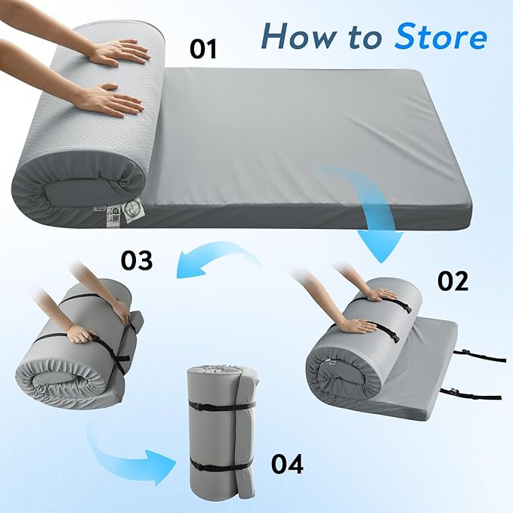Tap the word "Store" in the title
pos(437,35)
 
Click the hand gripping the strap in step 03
pos(79,333)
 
